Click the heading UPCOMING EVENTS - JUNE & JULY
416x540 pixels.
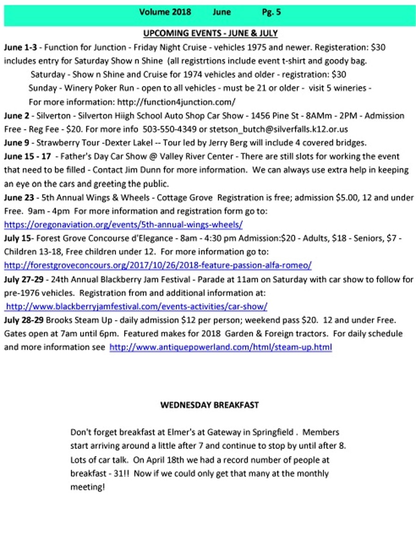pyautogui.click(x=210, y=34)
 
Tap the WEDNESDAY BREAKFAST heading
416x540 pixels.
pyautogui.click(x=209, y=405)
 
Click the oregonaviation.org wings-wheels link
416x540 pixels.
pyautogui.click(x=123, y=225)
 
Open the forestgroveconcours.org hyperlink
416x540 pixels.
pyautogui.click(x=158, y=266)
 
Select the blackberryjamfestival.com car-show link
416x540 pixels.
pyautogui.click(x=136, y=307)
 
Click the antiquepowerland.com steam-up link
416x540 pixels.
pyautogui.click(x=220, y=347)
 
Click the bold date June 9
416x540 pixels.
pyautogui.click(x=17, y=143)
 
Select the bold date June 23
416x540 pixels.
pyautogui.click(x=19, y=198)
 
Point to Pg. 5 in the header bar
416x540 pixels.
pyautogui.click(x=271, y=12)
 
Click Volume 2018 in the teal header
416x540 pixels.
pyautogui.click(x=165, y=12)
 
